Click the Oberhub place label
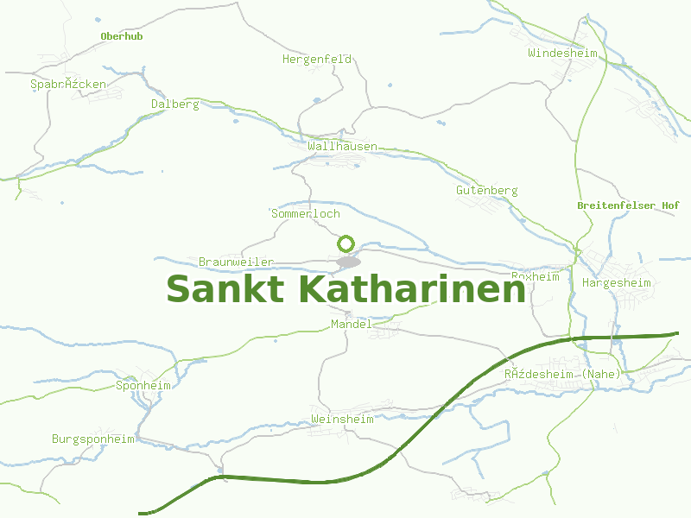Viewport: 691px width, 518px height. pyautogui.click(x=121, y=36)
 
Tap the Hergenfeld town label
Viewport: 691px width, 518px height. pyautogui.click(x=317, y=60)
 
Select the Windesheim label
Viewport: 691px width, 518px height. pyautogui.click(x=562, y=53)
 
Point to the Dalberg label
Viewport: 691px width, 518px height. pyautogui.click(x=175, y=104)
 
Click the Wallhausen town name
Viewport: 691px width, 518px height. pyautogui.click(x=342, y=147)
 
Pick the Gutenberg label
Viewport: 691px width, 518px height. pyautogui.click(x=487, y=190)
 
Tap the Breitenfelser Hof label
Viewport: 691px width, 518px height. pyautogui.click(x=628, y=205)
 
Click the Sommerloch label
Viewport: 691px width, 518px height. pyautogui.click(x=306, y=213)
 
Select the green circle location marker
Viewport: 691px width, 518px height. pyautogui.click(x=346, y=244)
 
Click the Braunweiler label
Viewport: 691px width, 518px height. pyautogui.click(x=236, y=262)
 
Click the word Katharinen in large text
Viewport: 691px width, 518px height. pyautogui.click(x=412, y=289)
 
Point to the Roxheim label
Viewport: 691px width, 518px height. pyautogui.click(x=536, y=276)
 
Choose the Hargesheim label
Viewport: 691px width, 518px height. pyautogui.click(x=617, y=282)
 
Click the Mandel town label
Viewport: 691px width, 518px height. pyautogui.click(x=352, y=324)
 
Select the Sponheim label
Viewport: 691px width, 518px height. pyautogui.click(x=143, y=385)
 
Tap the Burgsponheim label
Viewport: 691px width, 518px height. pyautogui.click(x=93, y=439)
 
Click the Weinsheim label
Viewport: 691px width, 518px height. pyautogui.click(x=342, y=419)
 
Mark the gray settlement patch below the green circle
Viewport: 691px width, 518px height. pyautogui.click(x=348, y=261)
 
